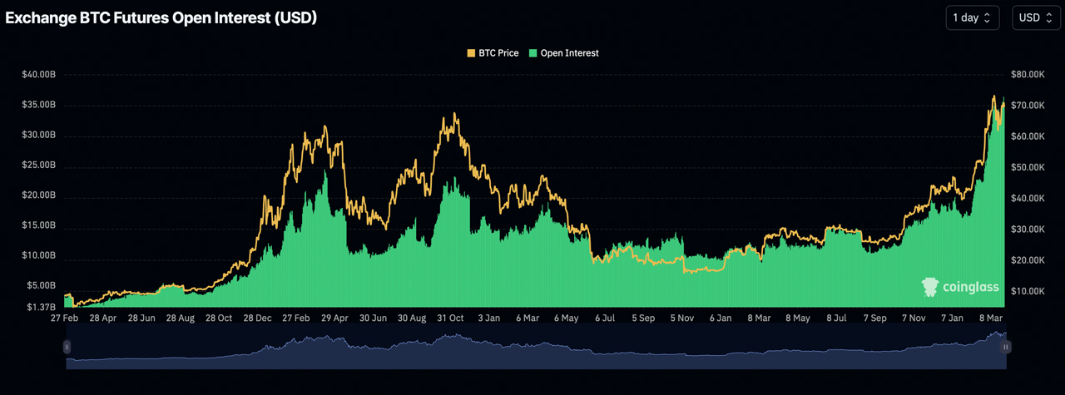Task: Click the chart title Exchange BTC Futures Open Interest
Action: tap(161, 17)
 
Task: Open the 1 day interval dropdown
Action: tap(972, 17)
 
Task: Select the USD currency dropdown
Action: tap(1036, 17)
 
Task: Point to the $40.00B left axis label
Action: tap(39, 75)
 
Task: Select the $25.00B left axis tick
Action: tap(39, 165)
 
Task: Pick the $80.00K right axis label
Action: tap(1028, 75)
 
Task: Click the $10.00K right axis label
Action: tap(1028, 291)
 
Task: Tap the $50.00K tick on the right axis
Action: tap(1028, 167)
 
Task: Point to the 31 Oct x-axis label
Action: tap(450, 318)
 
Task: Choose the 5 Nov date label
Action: tap(682, 318)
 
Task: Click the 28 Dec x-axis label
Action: tap(257, 318)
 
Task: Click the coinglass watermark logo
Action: tap(960, 288)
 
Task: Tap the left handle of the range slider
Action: tap(67, 347)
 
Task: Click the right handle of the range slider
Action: tap(1006, 347)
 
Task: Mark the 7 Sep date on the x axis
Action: tap(875, 318)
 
